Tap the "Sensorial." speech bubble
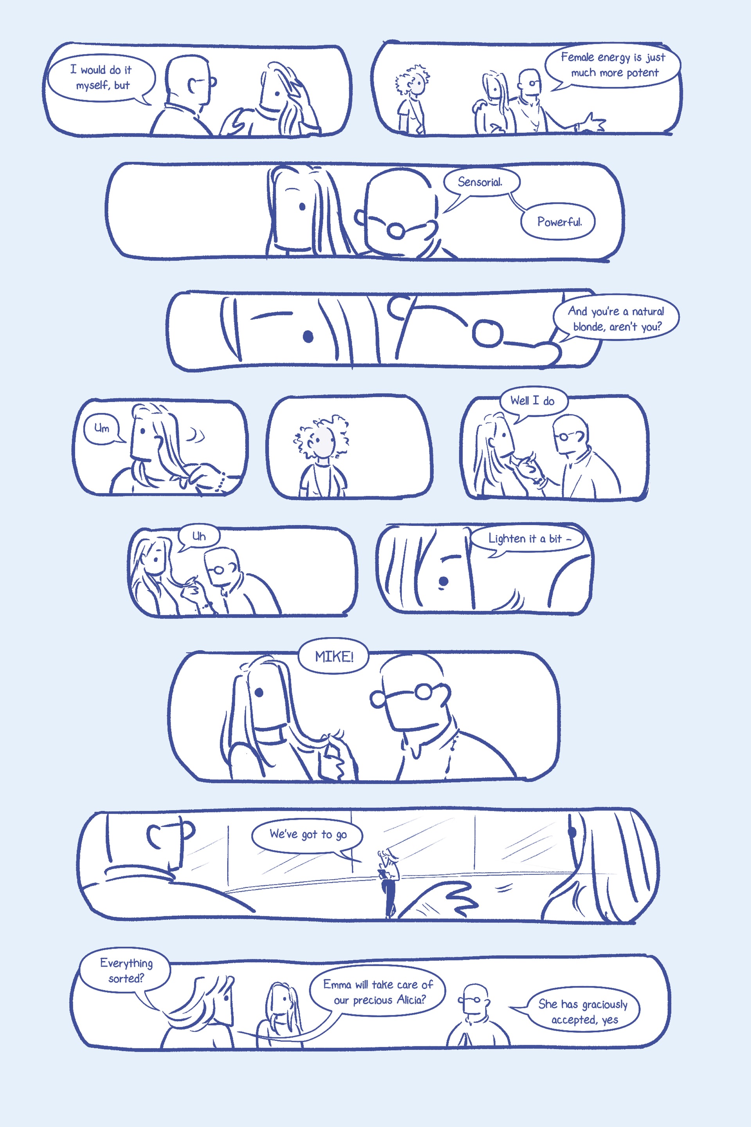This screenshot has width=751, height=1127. (480, 182)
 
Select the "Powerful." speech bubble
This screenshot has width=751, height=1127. (559, 221)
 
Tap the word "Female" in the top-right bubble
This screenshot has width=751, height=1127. (577, 57)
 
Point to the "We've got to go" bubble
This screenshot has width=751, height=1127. (307, 836)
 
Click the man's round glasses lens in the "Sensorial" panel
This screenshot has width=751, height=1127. (395, 230)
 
